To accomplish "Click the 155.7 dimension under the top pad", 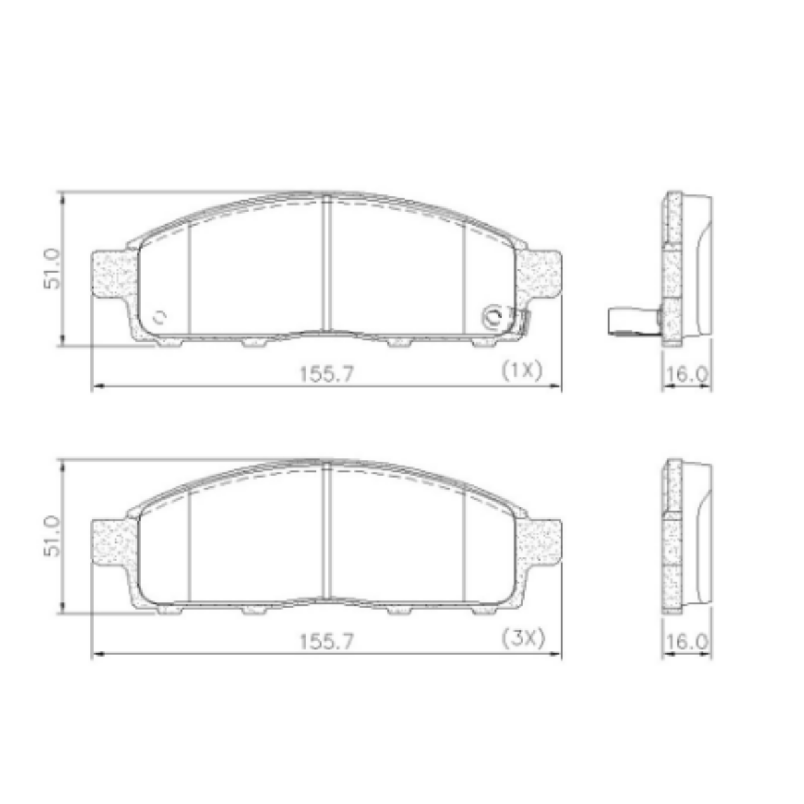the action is tap(327, 374).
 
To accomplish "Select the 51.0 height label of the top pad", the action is tap(52, 269).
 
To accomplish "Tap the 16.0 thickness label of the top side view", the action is tap(687, 375).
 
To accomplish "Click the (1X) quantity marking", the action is tap(522, 371).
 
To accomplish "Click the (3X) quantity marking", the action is tap(523, 639).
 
